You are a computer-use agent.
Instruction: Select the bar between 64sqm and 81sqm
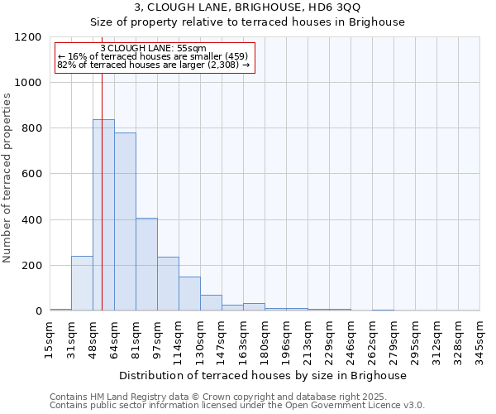125,222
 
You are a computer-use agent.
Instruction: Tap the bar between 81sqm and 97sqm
146,265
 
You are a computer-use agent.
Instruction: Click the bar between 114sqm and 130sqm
189,294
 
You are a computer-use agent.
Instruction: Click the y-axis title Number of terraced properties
7,178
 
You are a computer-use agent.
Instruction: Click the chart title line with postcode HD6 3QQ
247,7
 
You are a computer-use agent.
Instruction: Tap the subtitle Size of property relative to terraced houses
247,22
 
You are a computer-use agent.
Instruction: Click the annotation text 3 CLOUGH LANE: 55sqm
153,49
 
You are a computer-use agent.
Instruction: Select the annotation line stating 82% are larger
153,65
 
